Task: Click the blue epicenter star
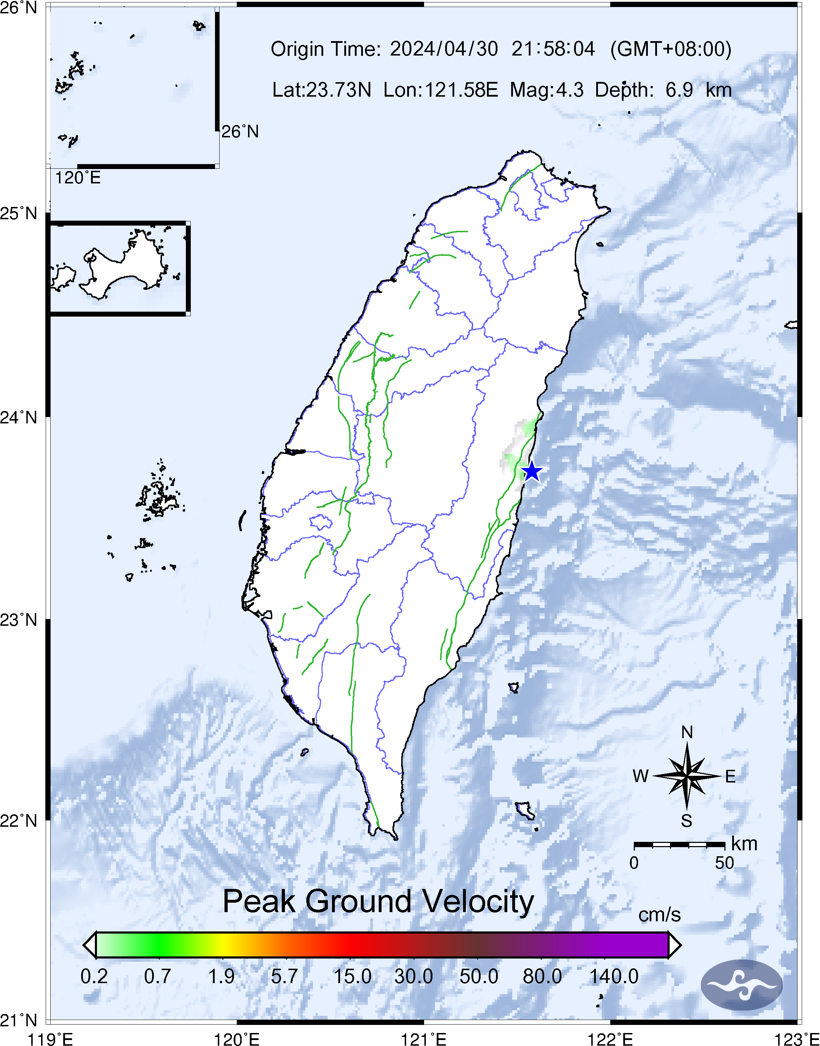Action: click(532, 472)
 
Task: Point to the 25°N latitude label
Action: click(19, 213)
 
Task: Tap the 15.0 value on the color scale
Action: click(352, 976)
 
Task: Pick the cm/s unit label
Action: click(659, 915)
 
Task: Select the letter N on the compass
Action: click(686, 733)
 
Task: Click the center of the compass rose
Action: click(686, 776)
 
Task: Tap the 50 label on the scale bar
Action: click(724, 863)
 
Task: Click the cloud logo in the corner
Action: click(741, 985)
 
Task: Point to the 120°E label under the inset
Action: click(78, 178)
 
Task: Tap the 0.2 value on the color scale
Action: click(94, 976)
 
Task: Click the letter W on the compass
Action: click(640, 776)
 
